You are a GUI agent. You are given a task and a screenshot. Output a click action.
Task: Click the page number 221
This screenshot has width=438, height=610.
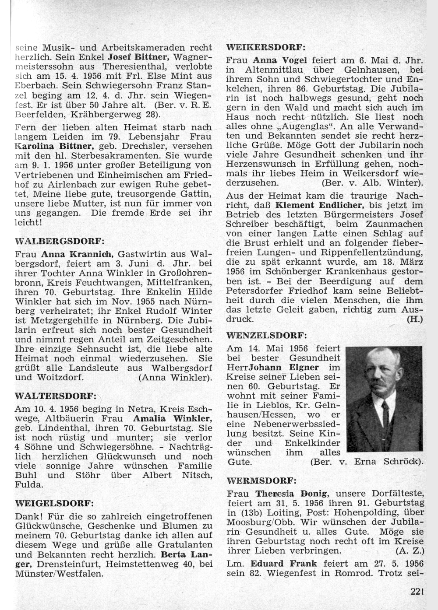click(x=418, y=592)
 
